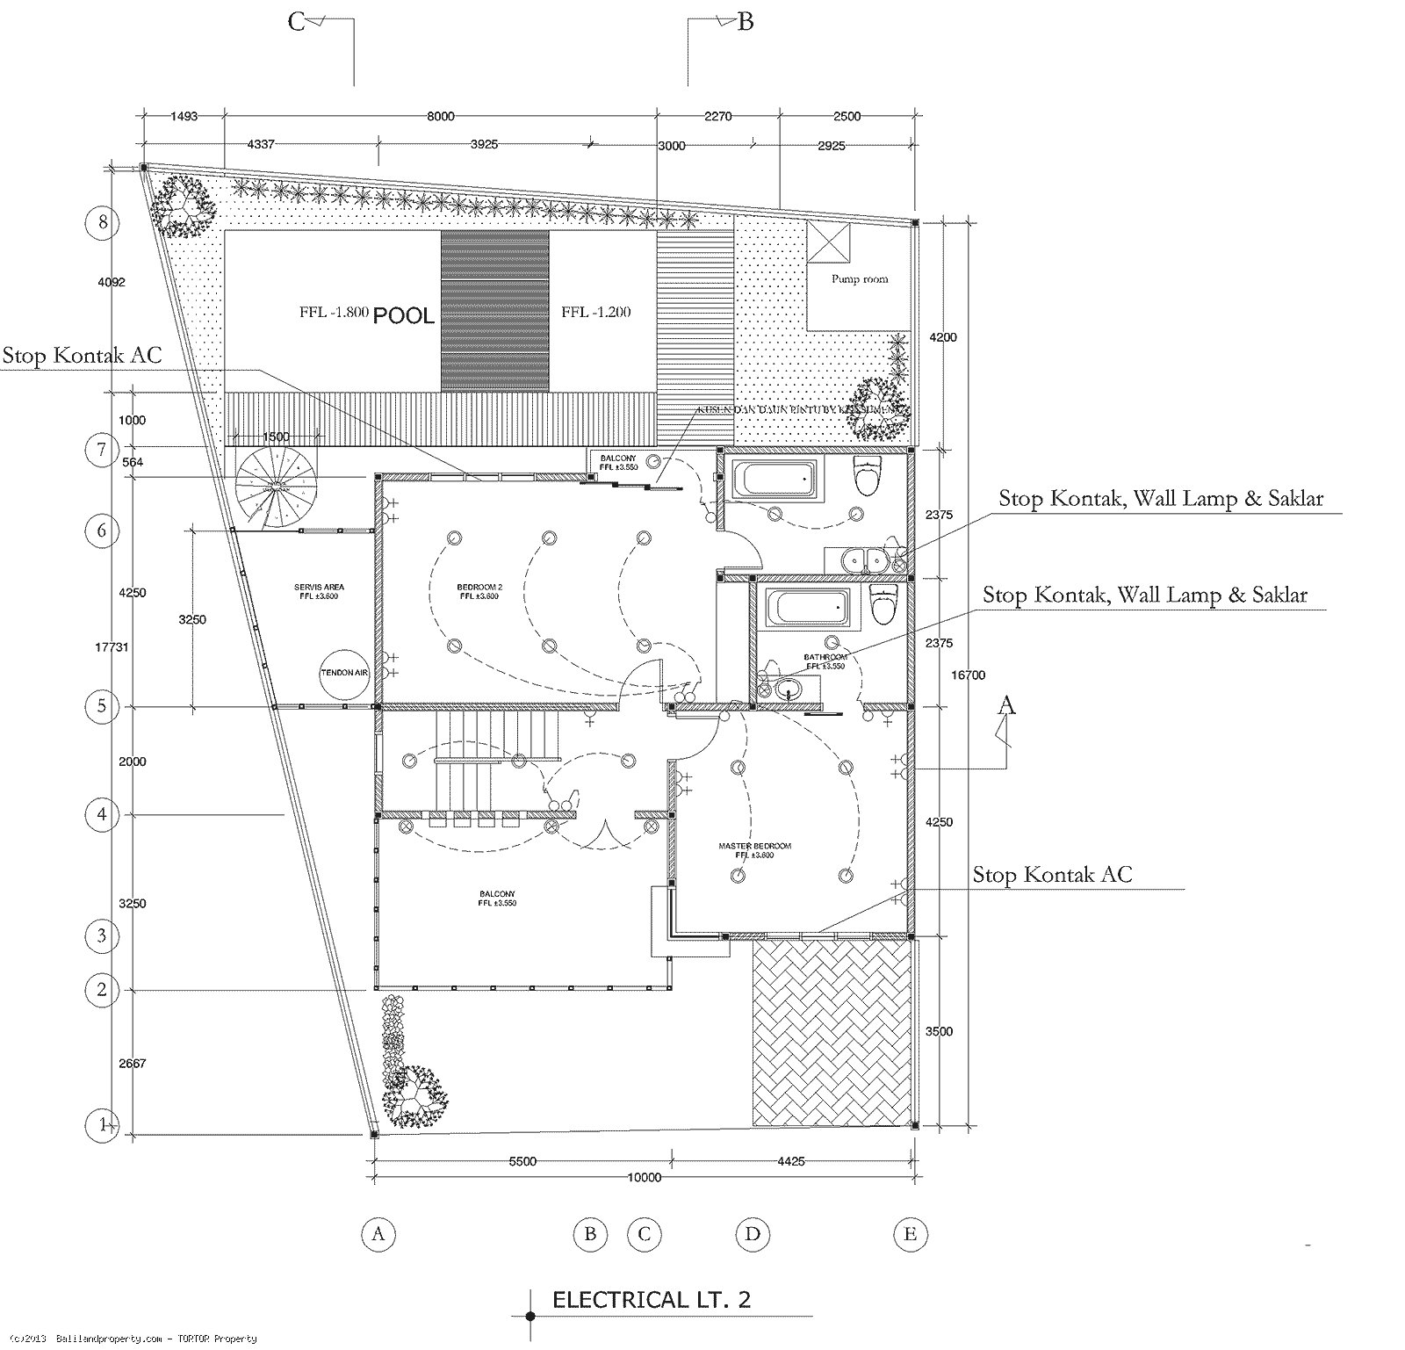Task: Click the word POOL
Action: (x=404, y=315)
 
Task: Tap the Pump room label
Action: (x=859, y=279)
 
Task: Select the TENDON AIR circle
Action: (x=344, y=672)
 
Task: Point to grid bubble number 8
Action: (x=103, y=222)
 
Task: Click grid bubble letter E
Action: (x=910, y=1234)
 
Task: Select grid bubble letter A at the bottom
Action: (x=378, y=1234)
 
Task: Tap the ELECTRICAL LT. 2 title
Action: (x=651, y=1299)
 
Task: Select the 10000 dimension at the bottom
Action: (x=644, y=1178)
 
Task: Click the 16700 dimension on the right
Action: (x=968, y=675)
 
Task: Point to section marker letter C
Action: (x=297, y=21)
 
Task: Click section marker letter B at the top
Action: (x=745, y=21)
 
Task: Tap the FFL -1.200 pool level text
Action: (x=595, y=312)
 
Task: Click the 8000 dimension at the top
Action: (x=441, y=116)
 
